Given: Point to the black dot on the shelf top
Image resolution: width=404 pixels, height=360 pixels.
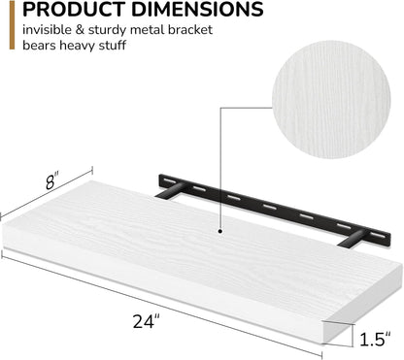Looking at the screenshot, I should pyautogui.click(x=221, y=232).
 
